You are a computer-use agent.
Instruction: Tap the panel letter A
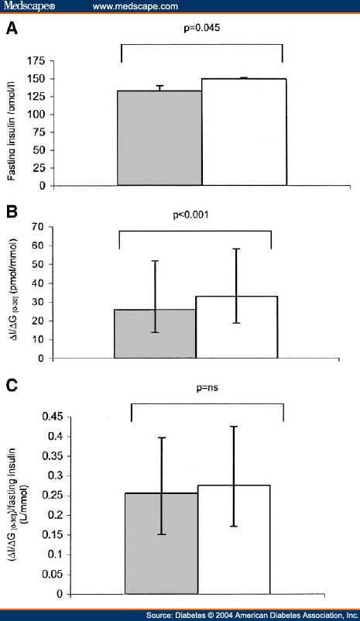[x=12, y=30]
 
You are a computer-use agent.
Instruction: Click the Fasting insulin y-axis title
[x=12, y=123]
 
